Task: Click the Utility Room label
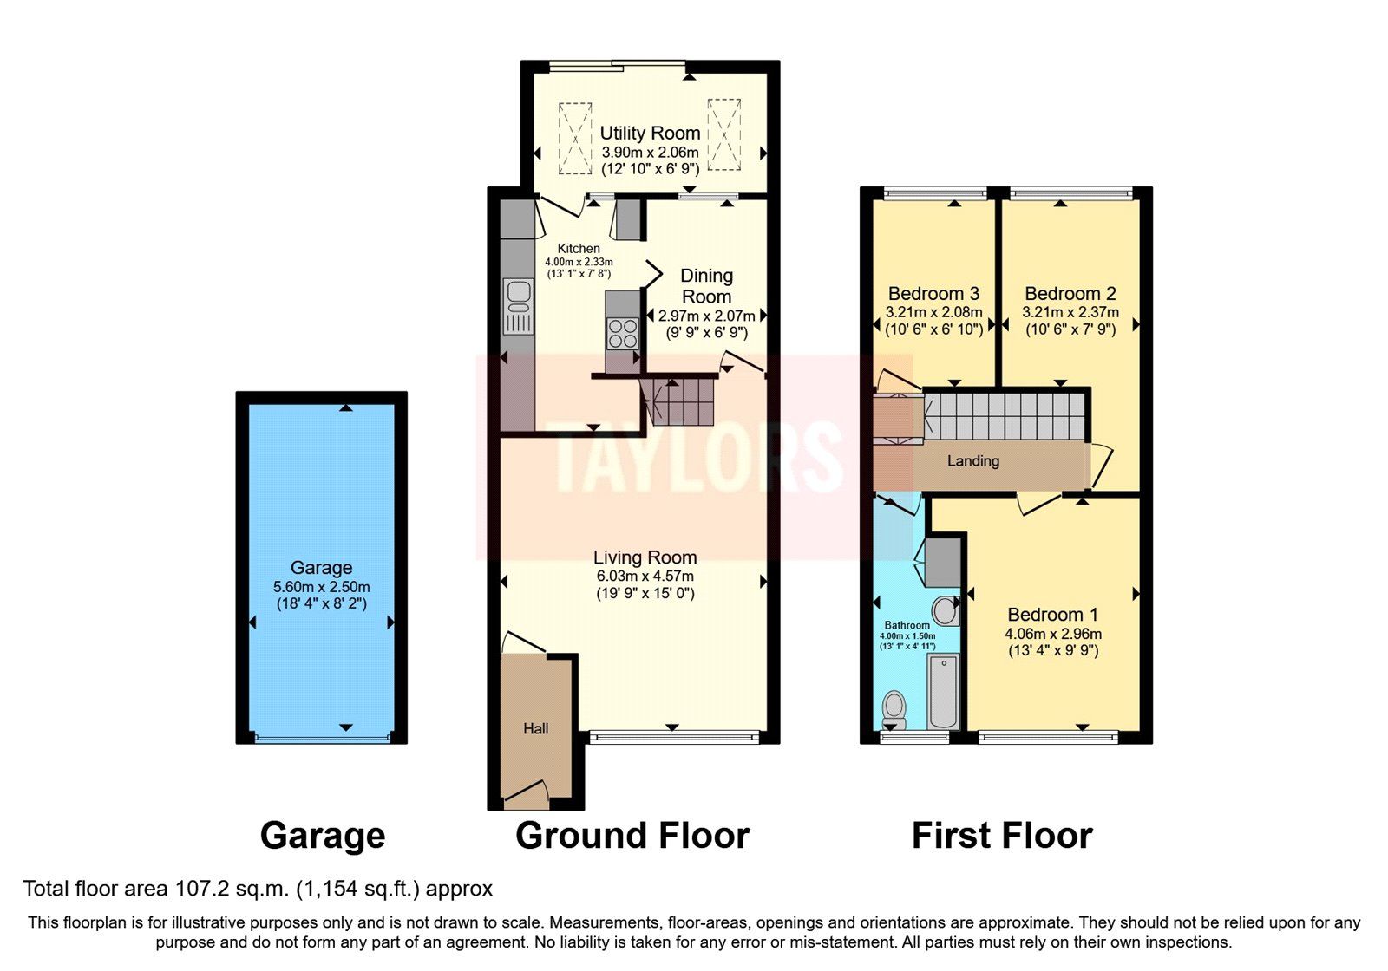[650, 134]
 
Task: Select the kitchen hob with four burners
[622, 333]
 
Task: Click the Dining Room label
[706, 286]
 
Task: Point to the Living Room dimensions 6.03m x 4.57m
[645, 576]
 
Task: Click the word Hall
[535, 729]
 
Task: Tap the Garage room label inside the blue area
[321, 568]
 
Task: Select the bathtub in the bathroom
[943, 692]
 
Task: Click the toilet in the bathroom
[894, 709]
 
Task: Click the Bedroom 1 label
[1052, 615]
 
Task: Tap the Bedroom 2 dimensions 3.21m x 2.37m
[1070, 312]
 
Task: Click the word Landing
[972, 461]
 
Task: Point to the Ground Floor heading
[632, 836]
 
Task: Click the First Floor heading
[1002, 836]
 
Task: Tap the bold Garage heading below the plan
[323, 836]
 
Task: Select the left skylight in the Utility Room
[574, 138]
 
